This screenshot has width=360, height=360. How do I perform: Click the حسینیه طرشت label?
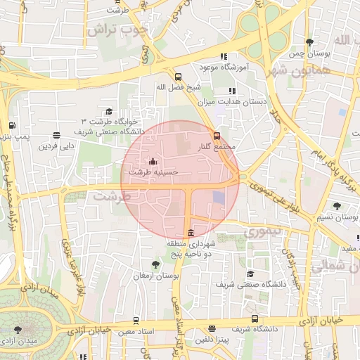click(154, 171)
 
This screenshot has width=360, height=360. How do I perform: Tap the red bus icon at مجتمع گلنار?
click(217, 136)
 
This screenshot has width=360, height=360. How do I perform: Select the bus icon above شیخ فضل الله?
click(178, 77)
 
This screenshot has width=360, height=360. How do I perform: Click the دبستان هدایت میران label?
click(233, 102)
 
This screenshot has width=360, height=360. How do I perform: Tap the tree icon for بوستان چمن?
click(310, 43)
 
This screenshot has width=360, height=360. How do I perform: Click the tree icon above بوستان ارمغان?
click(155, 264)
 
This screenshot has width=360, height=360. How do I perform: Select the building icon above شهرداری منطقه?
click(191, 233)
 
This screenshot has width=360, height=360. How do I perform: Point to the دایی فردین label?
click(56, 146)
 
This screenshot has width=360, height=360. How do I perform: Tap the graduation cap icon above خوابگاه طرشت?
click(109, 111)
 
